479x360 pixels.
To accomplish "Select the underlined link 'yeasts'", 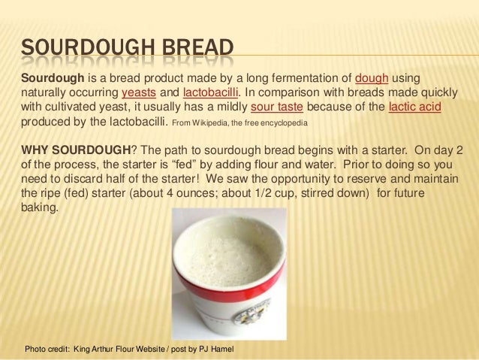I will click(139, 93).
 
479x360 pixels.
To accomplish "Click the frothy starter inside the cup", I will click(230, 255).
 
